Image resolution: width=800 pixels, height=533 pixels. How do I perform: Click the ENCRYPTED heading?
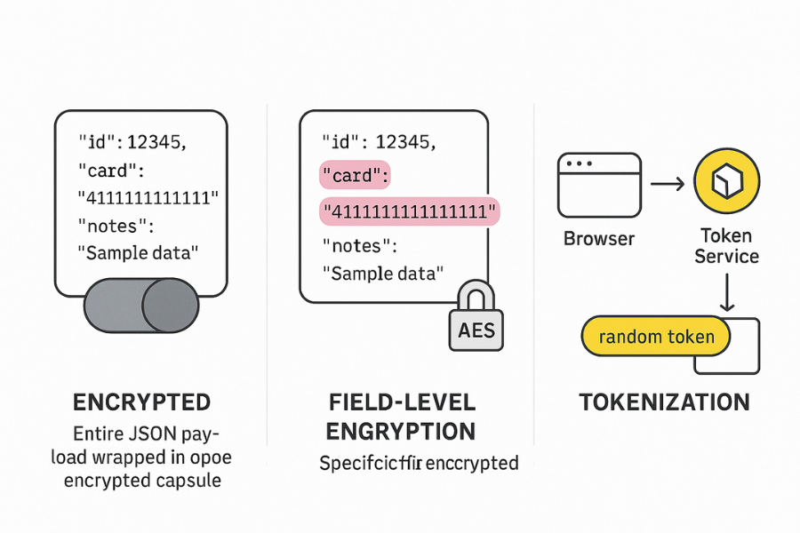(x=141, y=402)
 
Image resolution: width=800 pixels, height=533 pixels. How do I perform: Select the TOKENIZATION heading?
(x=665, y=402)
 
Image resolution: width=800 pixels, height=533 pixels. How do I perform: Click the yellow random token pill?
(x=655, y=337)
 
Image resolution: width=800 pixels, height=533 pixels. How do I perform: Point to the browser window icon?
(x=598, y=185)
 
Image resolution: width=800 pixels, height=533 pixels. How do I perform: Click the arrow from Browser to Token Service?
(x=667, y=184)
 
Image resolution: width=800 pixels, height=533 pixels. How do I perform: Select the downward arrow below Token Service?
(x=726, y=292)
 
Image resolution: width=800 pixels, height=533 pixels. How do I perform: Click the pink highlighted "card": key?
(x=355, y=176)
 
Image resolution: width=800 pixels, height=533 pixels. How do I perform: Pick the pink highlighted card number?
(x=409, y=211)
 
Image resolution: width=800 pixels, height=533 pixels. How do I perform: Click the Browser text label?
(x=599, y=239)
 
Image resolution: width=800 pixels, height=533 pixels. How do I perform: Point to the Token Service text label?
(x=726, y=246)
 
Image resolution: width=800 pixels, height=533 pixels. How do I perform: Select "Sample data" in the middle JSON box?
(x=382, y=274)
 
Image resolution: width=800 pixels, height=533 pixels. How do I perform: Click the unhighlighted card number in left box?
(x=148, y=196)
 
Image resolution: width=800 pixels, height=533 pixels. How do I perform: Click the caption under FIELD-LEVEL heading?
(x=419, y=463)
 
